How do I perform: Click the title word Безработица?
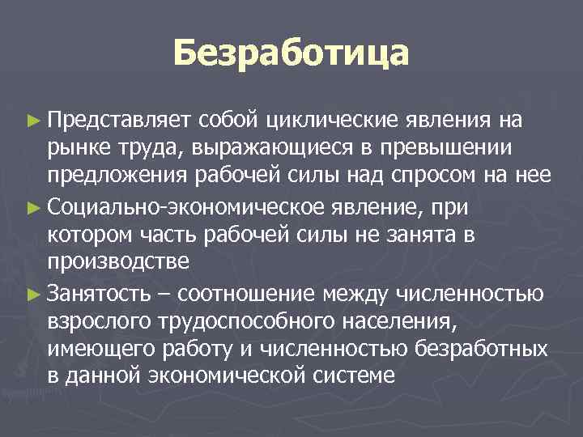coord(291,55)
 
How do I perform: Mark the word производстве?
coord(118,261)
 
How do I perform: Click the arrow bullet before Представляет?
coord(32,121)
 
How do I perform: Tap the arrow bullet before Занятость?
coord(32,293)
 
